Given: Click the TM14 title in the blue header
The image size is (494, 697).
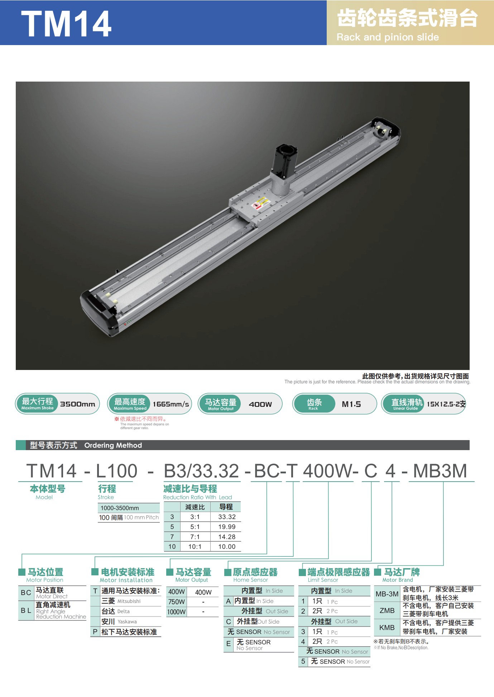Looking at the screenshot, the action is tap(66, 24).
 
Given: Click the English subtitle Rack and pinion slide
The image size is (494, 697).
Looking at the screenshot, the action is tap(388, 37).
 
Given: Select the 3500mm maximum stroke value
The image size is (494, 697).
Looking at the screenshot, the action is tap(78, 404).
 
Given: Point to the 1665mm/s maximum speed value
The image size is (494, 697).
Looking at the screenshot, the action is tap(171, 404).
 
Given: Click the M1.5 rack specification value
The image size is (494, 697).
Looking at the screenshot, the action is tap(351, 404).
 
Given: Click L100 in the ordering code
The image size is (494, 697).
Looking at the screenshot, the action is tap(117, 471).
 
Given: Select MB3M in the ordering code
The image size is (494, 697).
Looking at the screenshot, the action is tap(440, 471).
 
